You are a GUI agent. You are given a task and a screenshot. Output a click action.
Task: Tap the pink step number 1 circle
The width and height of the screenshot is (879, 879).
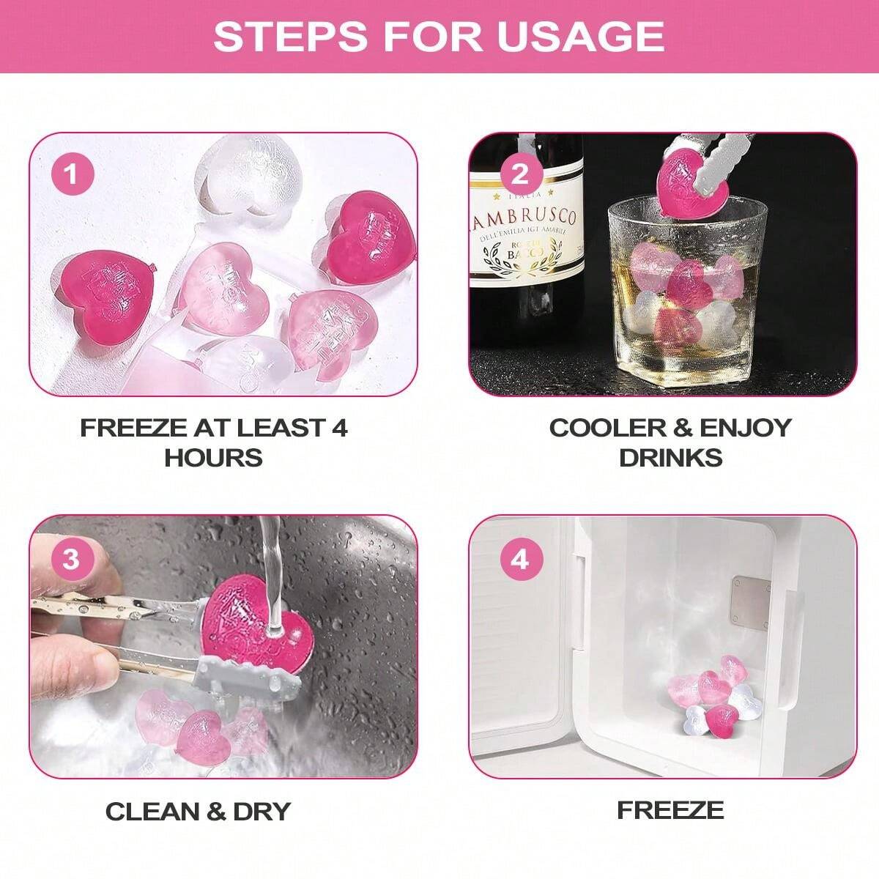coord(71,176)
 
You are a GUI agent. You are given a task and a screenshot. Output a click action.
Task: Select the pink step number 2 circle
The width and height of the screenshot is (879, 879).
coord(520,176)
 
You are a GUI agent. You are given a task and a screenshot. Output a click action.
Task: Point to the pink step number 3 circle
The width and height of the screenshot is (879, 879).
coord(71,560)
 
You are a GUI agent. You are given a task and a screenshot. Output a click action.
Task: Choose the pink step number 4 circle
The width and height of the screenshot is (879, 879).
coord(520,560)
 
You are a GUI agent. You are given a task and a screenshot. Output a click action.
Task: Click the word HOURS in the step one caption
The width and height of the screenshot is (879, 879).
coord(213,458)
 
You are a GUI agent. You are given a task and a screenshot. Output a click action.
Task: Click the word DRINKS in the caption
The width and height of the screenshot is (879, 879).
coord(670,458)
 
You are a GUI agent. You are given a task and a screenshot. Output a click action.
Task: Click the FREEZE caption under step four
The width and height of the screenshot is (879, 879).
coord(670,810)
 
